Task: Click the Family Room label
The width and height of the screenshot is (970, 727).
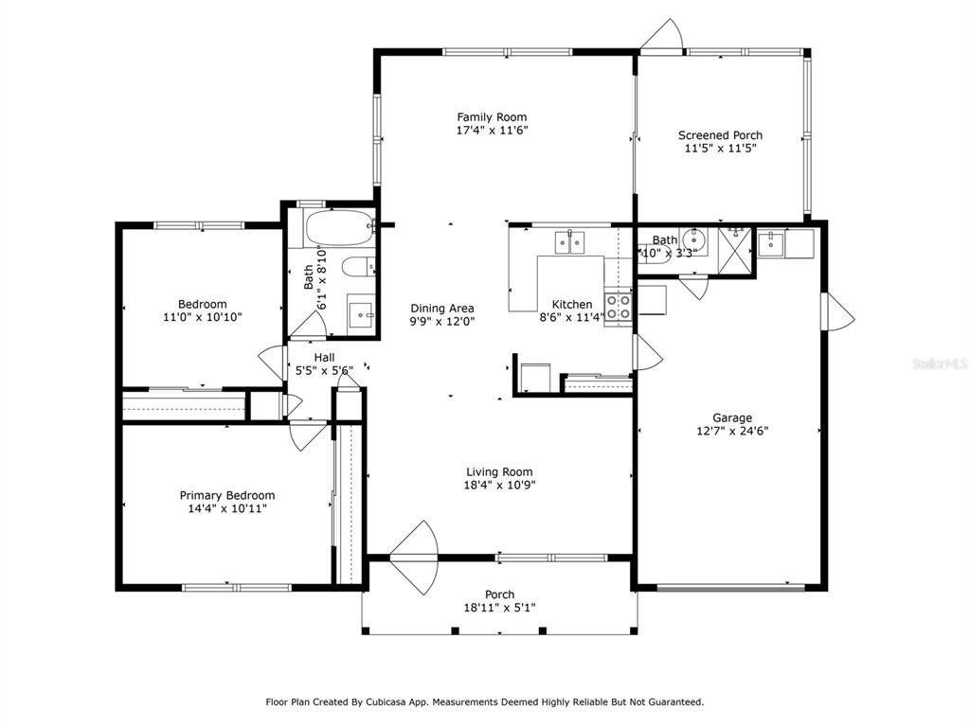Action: click(x=492, y=116)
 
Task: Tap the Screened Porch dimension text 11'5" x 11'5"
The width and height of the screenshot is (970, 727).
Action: click(x=721, y=149)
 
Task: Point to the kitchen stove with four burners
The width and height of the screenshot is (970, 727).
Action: click(x=618, y=308)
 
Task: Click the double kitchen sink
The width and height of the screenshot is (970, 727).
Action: click(x=569, y=241)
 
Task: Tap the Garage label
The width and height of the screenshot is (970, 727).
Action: click(x=732, y=417)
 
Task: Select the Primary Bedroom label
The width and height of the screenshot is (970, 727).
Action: click(x=227, y=495)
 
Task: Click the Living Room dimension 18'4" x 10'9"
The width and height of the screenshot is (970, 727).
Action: click(x=500, y=486)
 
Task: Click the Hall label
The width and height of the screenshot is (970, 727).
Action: click(x=324, y=357)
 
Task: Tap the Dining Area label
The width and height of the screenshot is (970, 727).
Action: click(x=442, y=308)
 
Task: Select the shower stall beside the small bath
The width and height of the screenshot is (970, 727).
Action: click(x=735, y=250)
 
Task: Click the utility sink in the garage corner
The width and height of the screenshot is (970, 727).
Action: click(x=771, y=243)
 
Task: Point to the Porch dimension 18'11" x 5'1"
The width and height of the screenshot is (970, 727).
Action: click(x=500, y=608)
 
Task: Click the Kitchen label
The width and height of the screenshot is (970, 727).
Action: click(x=572, y=304)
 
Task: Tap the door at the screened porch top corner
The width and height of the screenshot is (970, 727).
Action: click(x=662, y=34)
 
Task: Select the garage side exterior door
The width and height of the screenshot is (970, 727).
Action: click(x=837, y=311)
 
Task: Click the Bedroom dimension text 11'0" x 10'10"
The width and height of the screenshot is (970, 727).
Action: click(x=203, y=317)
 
